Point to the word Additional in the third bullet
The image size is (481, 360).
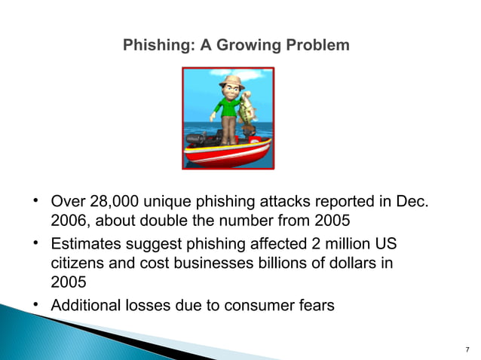tap(84, 305)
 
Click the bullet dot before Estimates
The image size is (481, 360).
tap(35, 243)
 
